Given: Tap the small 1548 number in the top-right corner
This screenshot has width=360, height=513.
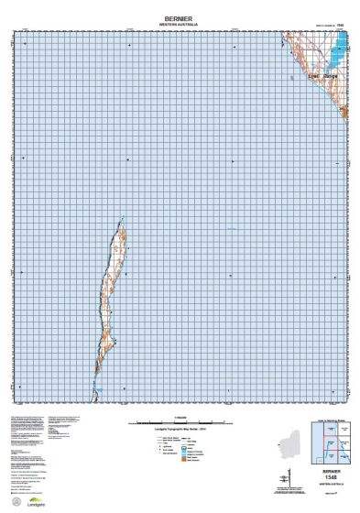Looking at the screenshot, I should pos(340,26).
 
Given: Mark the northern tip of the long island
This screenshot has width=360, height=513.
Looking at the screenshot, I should pos(123,218).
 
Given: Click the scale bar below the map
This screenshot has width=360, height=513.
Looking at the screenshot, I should pos(180,422).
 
